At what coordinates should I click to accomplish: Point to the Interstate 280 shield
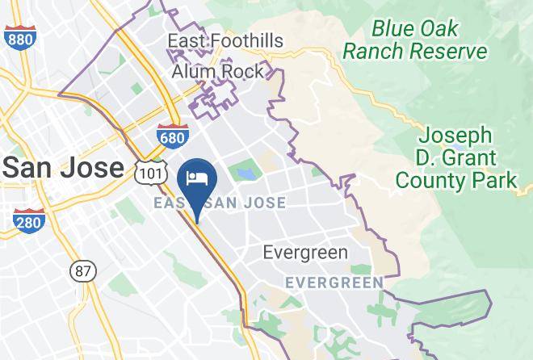pos(28,220)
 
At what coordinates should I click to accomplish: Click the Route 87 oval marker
pos(82,271)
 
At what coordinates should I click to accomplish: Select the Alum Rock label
pos(218,72)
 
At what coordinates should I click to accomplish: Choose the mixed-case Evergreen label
pos(305,253)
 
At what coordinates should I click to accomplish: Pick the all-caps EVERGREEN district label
pos(334,283)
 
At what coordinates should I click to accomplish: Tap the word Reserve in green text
pos(449,52)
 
